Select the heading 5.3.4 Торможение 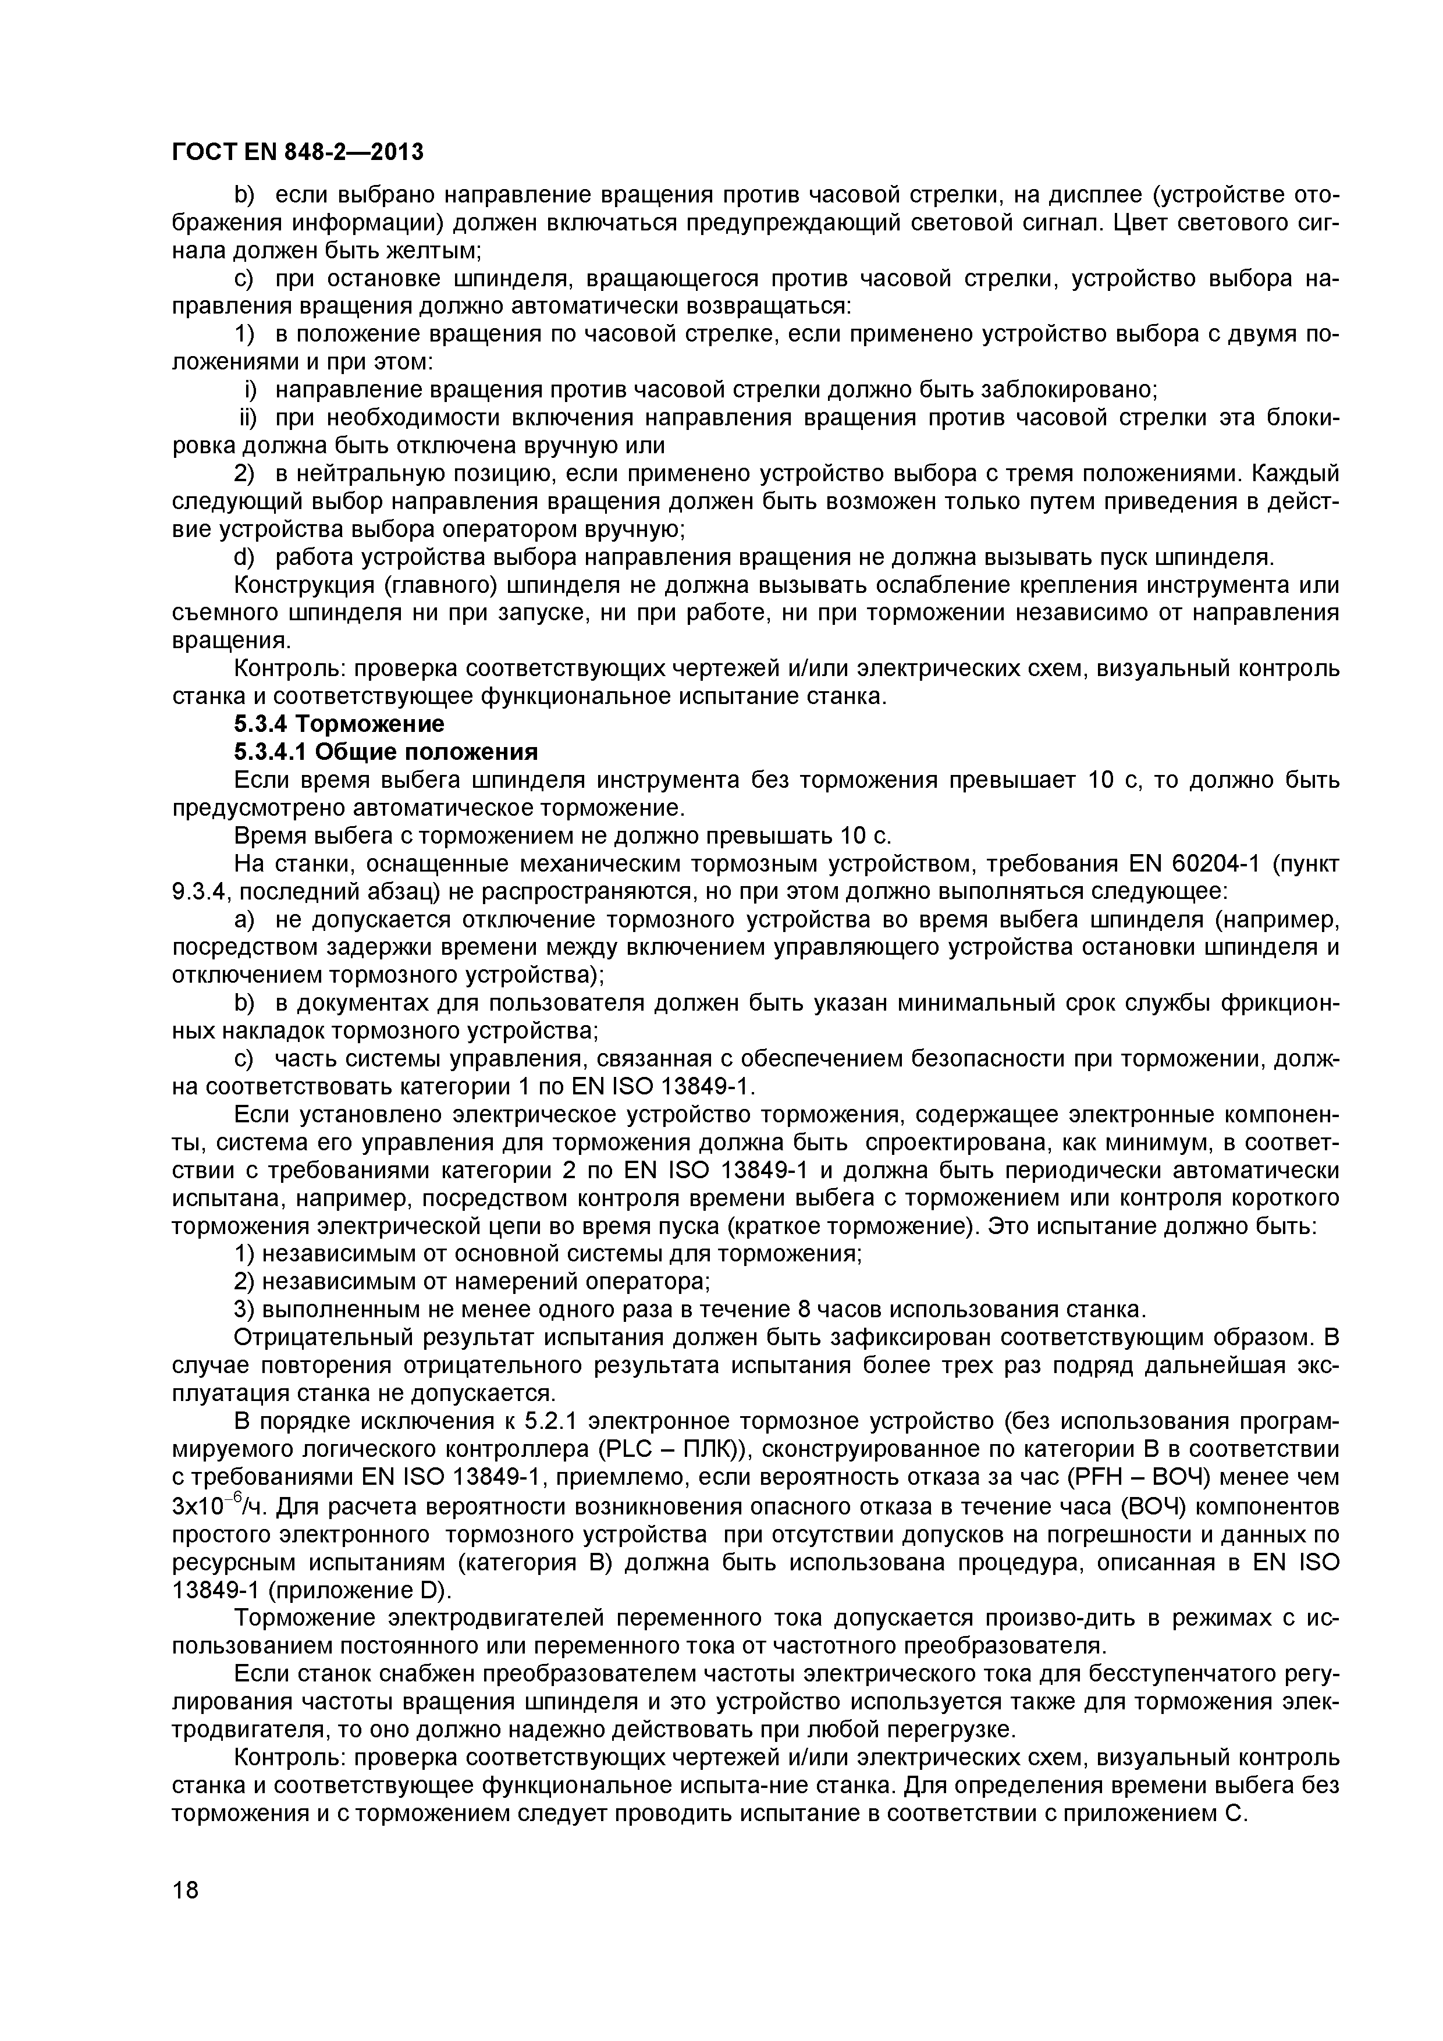click(x=339, y=724)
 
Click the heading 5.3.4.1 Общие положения click(x=386, y=752)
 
